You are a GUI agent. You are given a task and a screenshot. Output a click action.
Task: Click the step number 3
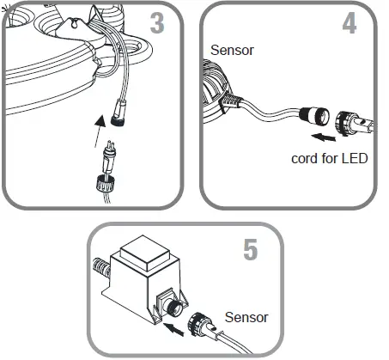click(x=157, y=23)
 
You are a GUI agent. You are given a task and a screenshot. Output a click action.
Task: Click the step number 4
click(x=349, y=23)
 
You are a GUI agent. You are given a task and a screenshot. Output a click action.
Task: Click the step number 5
click(x=250, y=250)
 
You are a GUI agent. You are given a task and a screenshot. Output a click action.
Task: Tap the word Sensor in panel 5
click(x=246, y=317)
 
